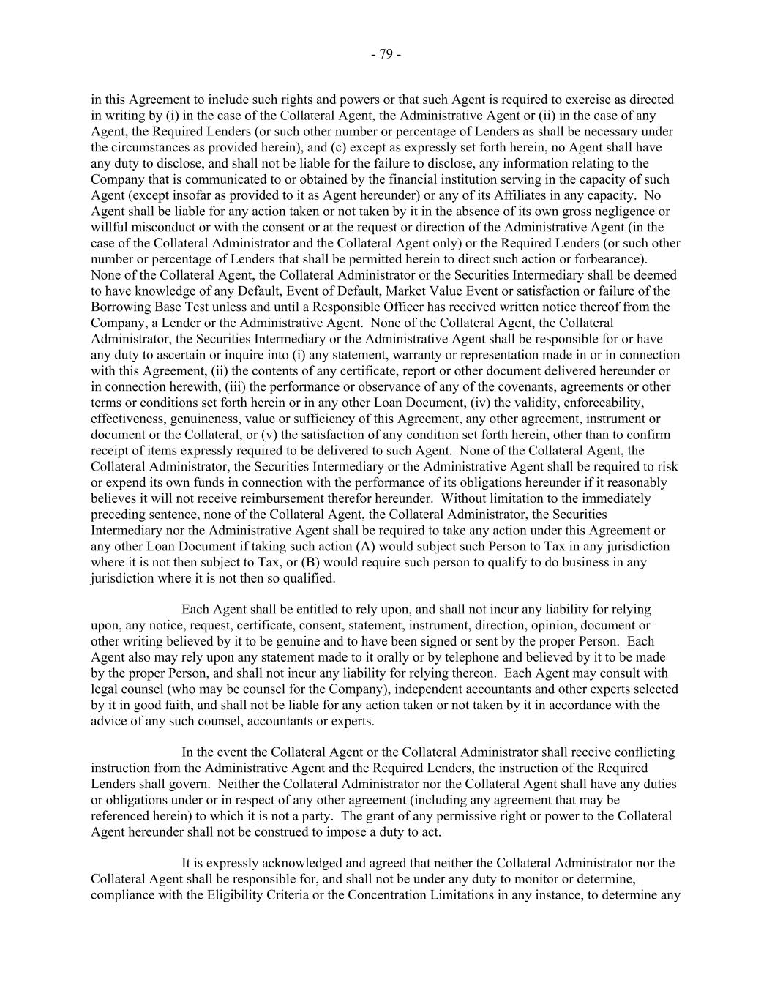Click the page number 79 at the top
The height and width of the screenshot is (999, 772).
pos(386,54)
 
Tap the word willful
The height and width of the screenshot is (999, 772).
pos(108,228)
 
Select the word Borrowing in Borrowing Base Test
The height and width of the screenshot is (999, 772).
pos(119,307)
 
